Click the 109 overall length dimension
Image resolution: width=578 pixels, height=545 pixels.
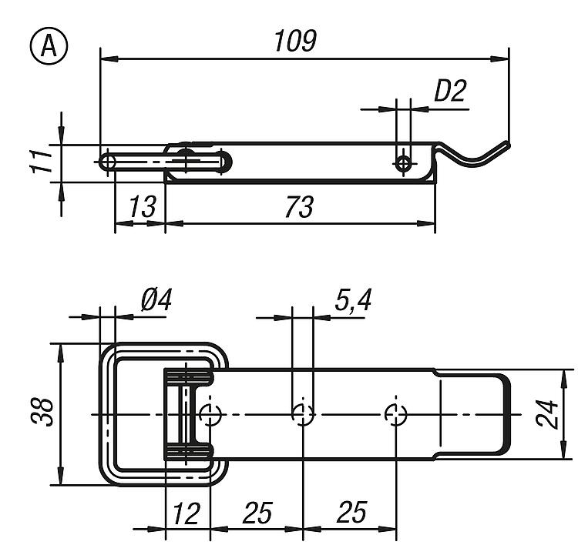coord(295,41)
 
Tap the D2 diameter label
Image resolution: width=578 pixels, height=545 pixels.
coord(450,92)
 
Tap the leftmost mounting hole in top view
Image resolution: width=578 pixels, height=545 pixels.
coord(210,414)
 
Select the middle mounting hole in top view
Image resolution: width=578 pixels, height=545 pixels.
coord(303,414)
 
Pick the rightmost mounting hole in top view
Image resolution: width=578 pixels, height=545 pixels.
coord(395,414)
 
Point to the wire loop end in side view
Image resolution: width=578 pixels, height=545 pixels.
coord(108,162)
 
